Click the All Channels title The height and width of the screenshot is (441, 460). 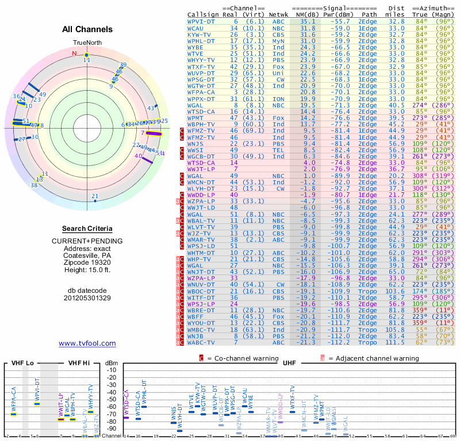[87, 29]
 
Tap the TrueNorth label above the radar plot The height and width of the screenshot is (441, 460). [87, 43]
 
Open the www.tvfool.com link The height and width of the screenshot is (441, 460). [87, 343]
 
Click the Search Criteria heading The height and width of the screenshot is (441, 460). [87, 229]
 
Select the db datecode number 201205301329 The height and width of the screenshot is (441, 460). [87, 298]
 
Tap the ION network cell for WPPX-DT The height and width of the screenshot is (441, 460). [278, 99]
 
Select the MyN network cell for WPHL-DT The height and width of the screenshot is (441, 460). [278, 41]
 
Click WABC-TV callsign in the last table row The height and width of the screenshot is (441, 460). [202, 342]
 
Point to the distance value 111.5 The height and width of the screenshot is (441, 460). [396, 342]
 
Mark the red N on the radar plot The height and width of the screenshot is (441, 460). [74, 54]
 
